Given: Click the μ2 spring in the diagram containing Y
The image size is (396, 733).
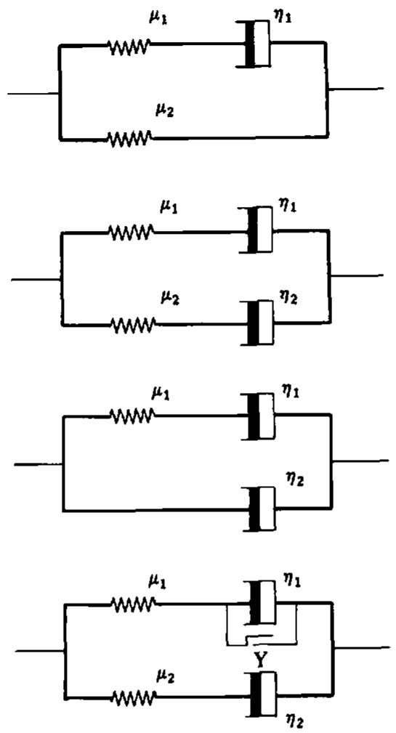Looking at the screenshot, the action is pyautogui.click(x=133, y=697).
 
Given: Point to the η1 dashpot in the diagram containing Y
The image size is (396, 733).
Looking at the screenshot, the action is pyautogui.click(x=260, y=603).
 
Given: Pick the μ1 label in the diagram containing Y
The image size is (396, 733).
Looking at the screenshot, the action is pyautogui.click(x=157, y=583).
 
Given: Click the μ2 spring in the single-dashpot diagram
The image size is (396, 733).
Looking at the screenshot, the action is pyautogui.click(x=129, y=137).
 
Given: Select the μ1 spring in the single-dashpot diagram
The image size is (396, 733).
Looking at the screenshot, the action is pyautogui.click(x=129, y=46).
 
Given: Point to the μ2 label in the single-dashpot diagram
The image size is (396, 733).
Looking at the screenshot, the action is pyautogui.click(x=164, y=111).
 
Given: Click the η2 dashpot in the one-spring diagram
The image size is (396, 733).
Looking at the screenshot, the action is pyautogui.click(x=260, y=509).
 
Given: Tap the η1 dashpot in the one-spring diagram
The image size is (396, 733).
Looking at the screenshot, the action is pyautogui.click(x=259, y=416).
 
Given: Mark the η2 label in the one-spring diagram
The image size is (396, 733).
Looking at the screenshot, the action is pyautogui.click(x=295, y=480).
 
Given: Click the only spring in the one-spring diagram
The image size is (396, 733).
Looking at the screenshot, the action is pyautogui.click(x=132, y=414).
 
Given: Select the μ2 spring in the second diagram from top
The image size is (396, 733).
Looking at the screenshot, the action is pyautogui.click(x=133, y=323).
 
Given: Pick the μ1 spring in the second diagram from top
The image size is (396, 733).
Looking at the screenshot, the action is pyautogui.click(x=132, y=231).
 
